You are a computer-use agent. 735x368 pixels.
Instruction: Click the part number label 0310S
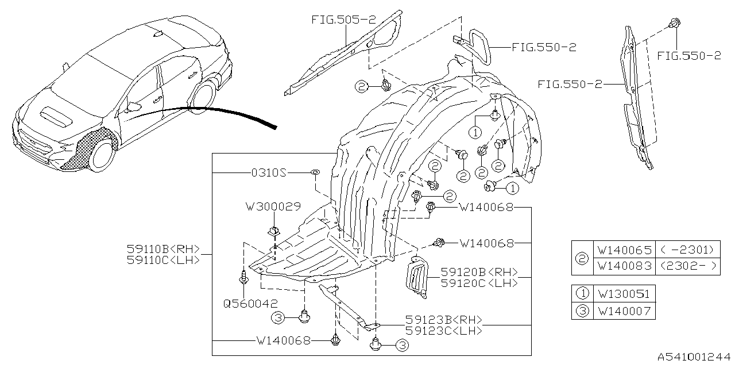pos(269,172)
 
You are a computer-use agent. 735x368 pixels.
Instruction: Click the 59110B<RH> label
pos(164,249)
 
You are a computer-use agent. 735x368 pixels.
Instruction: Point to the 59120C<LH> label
pos(479,283)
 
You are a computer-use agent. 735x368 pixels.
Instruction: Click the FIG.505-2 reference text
pos(343,20)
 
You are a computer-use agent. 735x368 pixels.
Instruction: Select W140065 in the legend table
pos(624,250)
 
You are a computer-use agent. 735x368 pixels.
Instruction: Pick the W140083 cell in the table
pos(624,266)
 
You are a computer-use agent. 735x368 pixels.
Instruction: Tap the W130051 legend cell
pos(624,294)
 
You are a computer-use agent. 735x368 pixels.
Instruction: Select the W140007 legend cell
pos(624,311)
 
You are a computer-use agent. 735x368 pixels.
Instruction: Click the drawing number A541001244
pos(694,357)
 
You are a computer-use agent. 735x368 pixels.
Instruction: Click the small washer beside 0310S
pos(315,172)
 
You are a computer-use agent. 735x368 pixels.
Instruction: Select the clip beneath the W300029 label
pos(273,231)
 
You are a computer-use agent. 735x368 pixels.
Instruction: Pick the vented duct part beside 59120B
pos(418,277)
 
